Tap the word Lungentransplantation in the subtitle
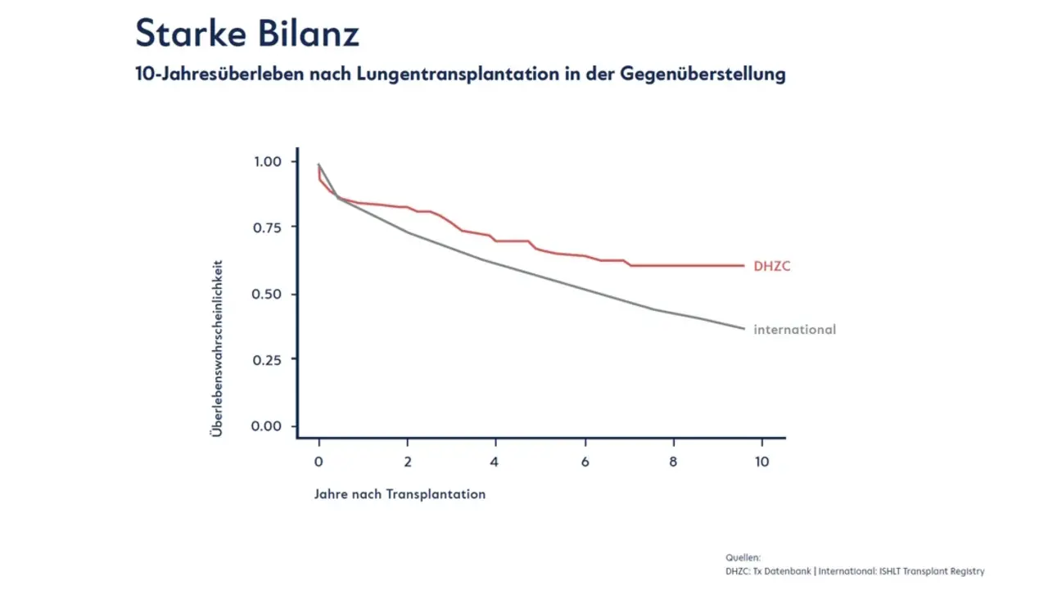[x=440, y=74]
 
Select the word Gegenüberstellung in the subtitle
[x=702, y=74]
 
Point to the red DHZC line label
[x=772, y=266]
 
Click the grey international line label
[x=794, y=330]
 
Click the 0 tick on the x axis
[x=318, y=462]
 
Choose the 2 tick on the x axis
[x=407, y=462]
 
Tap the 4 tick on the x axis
[x=495, y=462]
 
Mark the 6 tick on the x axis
[x=585, y=462]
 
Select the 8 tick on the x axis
[x=673, y=462]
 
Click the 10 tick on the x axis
[x=761, y=462]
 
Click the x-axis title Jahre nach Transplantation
[x=400, y=494]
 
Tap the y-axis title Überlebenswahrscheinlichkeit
[x=218, y=349]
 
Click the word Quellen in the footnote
[x=743, y=557]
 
